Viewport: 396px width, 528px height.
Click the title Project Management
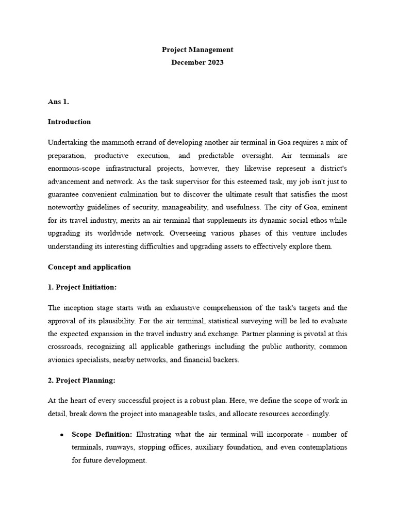(197, 50)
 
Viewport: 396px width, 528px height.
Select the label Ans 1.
(58, 102)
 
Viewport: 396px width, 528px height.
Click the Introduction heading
(69, 122)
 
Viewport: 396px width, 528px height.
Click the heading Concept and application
(89, 267)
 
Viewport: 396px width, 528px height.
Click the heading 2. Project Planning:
(81, 381)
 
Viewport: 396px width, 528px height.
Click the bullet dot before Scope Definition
(61, 435)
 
